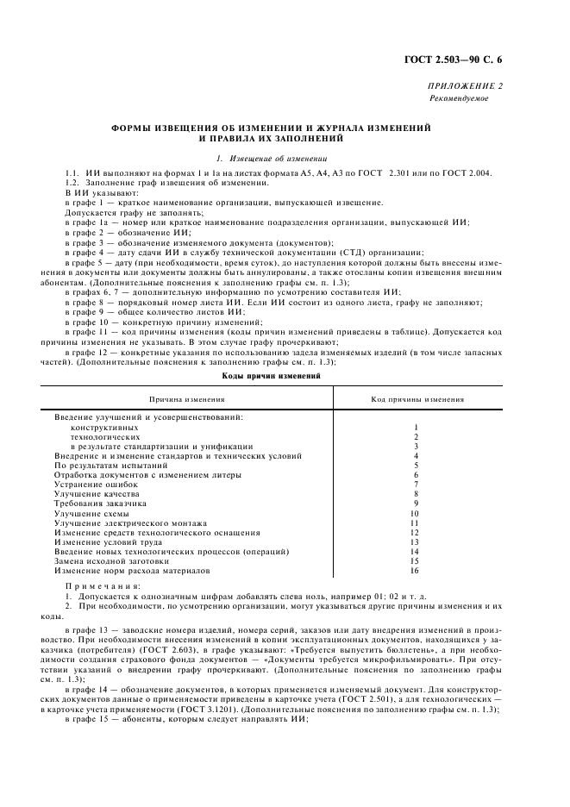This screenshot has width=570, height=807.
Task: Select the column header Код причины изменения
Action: click(x=417, y=399)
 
